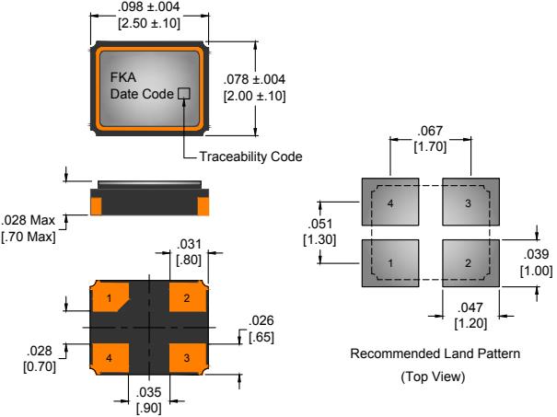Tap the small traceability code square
183,93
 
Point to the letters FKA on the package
122,78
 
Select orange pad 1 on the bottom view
110,298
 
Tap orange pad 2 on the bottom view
186,297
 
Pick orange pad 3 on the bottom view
186,356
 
